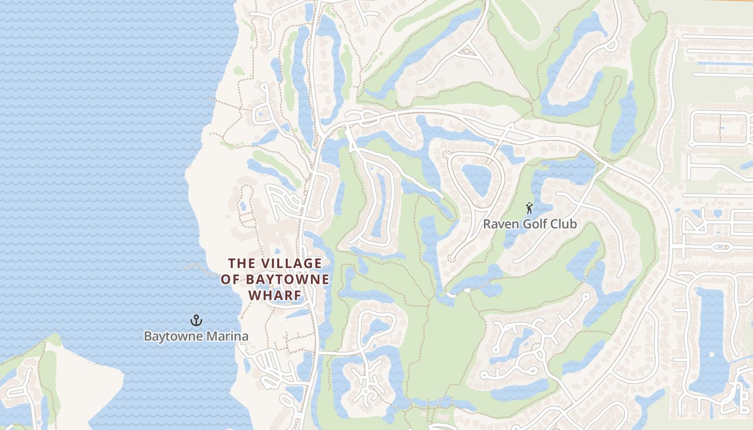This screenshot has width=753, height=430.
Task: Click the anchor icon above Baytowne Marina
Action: click(196, 321)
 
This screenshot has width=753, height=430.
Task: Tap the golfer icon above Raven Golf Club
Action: click(529, 208)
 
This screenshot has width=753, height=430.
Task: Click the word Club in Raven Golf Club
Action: click(564, 224)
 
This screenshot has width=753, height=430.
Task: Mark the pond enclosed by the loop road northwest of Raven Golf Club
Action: click(476, 179)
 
